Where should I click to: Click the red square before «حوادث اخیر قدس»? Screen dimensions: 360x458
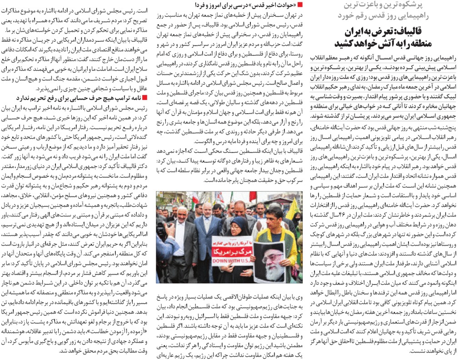click(301, 5)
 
